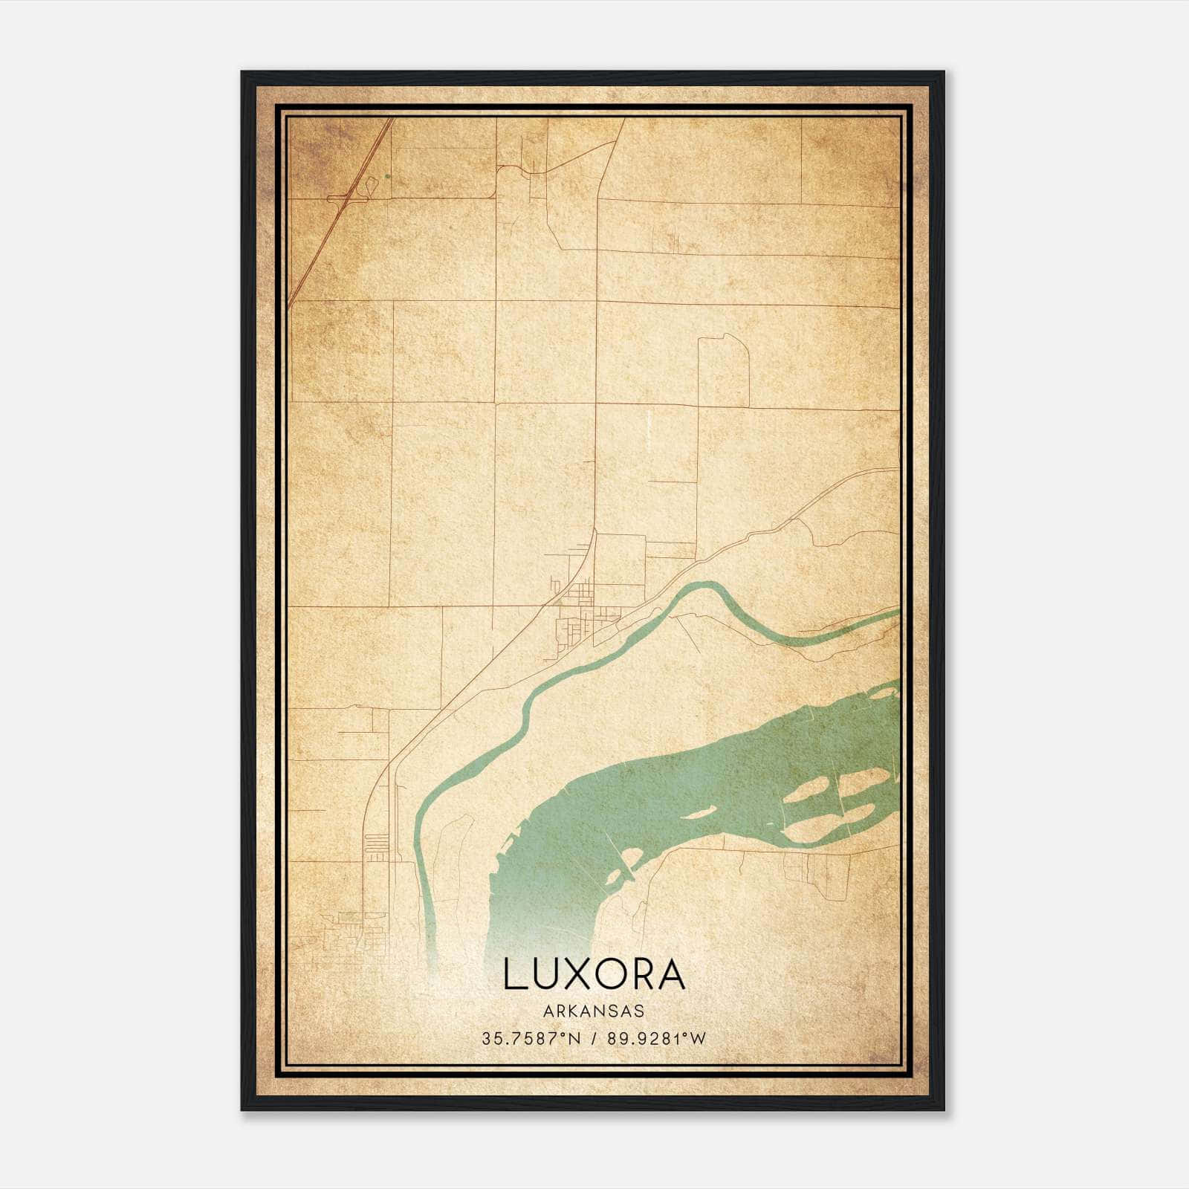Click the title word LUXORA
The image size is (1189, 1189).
[x=594, y=974]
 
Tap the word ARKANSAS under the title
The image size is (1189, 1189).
[x=594, y=1011]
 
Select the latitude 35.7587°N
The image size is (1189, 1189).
[x=531, y=1038]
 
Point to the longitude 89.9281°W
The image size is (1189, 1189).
[x=656, y=1038]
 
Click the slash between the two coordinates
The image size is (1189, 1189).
[x=594, y=1038]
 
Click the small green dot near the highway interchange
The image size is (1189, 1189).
[x=387, y=177]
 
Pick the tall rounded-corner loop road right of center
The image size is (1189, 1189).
[x=722, y=372]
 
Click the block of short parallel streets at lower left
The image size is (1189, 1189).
[x=377, y=843]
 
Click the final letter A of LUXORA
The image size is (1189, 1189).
[x=671, y=974]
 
